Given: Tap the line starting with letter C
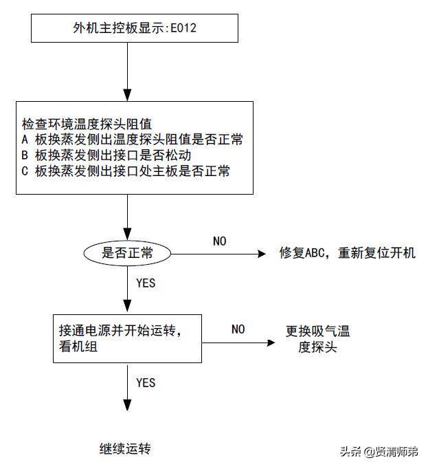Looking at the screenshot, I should (125, 171).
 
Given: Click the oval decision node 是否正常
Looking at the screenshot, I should (127, 252).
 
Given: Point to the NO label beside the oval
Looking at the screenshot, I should (219, 241).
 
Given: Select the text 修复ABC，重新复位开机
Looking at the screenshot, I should (347, 252).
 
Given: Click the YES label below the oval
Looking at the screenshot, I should (146, 283).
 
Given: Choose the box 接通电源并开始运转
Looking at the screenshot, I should (128, 338).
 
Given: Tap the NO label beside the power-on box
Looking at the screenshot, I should (238, 329).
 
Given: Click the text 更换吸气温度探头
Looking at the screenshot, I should (317, 339).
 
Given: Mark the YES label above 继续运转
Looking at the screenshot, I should (146, 382).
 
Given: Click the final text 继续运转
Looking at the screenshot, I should (125, 449).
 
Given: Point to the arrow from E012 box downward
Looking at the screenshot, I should (127, 69).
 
